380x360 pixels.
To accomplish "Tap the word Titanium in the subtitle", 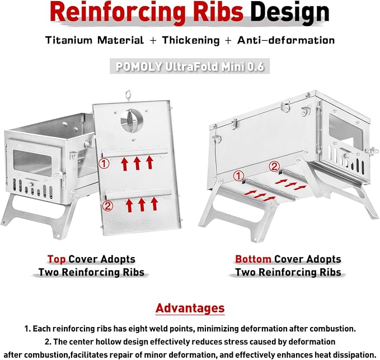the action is [69, 40].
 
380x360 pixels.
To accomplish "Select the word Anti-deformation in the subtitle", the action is [286, 40].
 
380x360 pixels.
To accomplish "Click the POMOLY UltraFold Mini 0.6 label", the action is [190, 67].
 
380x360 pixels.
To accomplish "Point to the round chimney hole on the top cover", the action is [132, 121].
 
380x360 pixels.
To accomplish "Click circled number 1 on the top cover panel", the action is [104, 164].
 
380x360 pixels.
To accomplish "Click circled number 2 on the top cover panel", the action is [107, 206].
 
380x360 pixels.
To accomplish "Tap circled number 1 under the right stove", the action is [238, 176].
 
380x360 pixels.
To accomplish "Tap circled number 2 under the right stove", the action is [274, 167].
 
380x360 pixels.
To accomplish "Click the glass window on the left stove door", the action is [32, 162].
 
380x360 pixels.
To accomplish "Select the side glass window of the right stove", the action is [345, 131].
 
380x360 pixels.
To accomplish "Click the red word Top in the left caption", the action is [57, 259].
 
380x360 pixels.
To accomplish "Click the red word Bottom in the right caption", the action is [253, 259].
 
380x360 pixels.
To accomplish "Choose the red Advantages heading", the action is [190, 309].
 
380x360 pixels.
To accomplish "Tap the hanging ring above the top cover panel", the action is [128, 96].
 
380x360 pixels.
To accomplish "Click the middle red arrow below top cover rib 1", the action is [137, 163].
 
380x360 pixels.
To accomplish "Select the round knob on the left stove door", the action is [30, 184].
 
